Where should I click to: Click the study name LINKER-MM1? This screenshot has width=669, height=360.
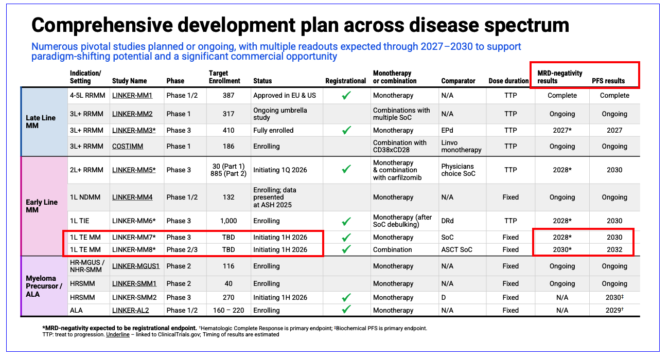132,96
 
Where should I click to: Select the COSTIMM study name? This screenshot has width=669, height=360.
128,147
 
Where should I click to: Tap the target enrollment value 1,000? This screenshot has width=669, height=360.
228,221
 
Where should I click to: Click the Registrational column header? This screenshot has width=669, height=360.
346,81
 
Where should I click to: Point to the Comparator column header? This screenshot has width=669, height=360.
459,81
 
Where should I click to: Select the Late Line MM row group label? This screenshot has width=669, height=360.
41,122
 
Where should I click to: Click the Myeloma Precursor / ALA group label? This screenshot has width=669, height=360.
44,286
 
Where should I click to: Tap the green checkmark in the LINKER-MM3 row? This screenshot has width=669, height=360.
346,131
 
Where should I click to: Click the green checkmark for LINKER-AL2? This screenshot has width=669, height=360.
346,310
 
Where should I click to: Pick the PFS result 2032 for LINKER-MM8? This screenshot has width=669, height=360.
614,250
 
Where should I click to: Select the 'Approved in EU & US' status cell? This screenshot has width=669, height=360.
285,96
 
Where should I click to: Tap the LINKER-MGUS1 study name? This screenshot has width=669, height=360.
136,266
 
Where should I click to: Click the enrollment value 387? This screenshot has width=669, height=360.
228,96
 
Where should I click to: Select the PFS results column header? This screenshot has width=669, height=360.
608,81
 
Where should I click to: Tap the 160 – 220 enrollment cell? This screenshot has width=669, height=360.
228,311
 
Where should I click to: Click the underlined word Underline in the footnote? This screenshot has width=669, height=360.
118,334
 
